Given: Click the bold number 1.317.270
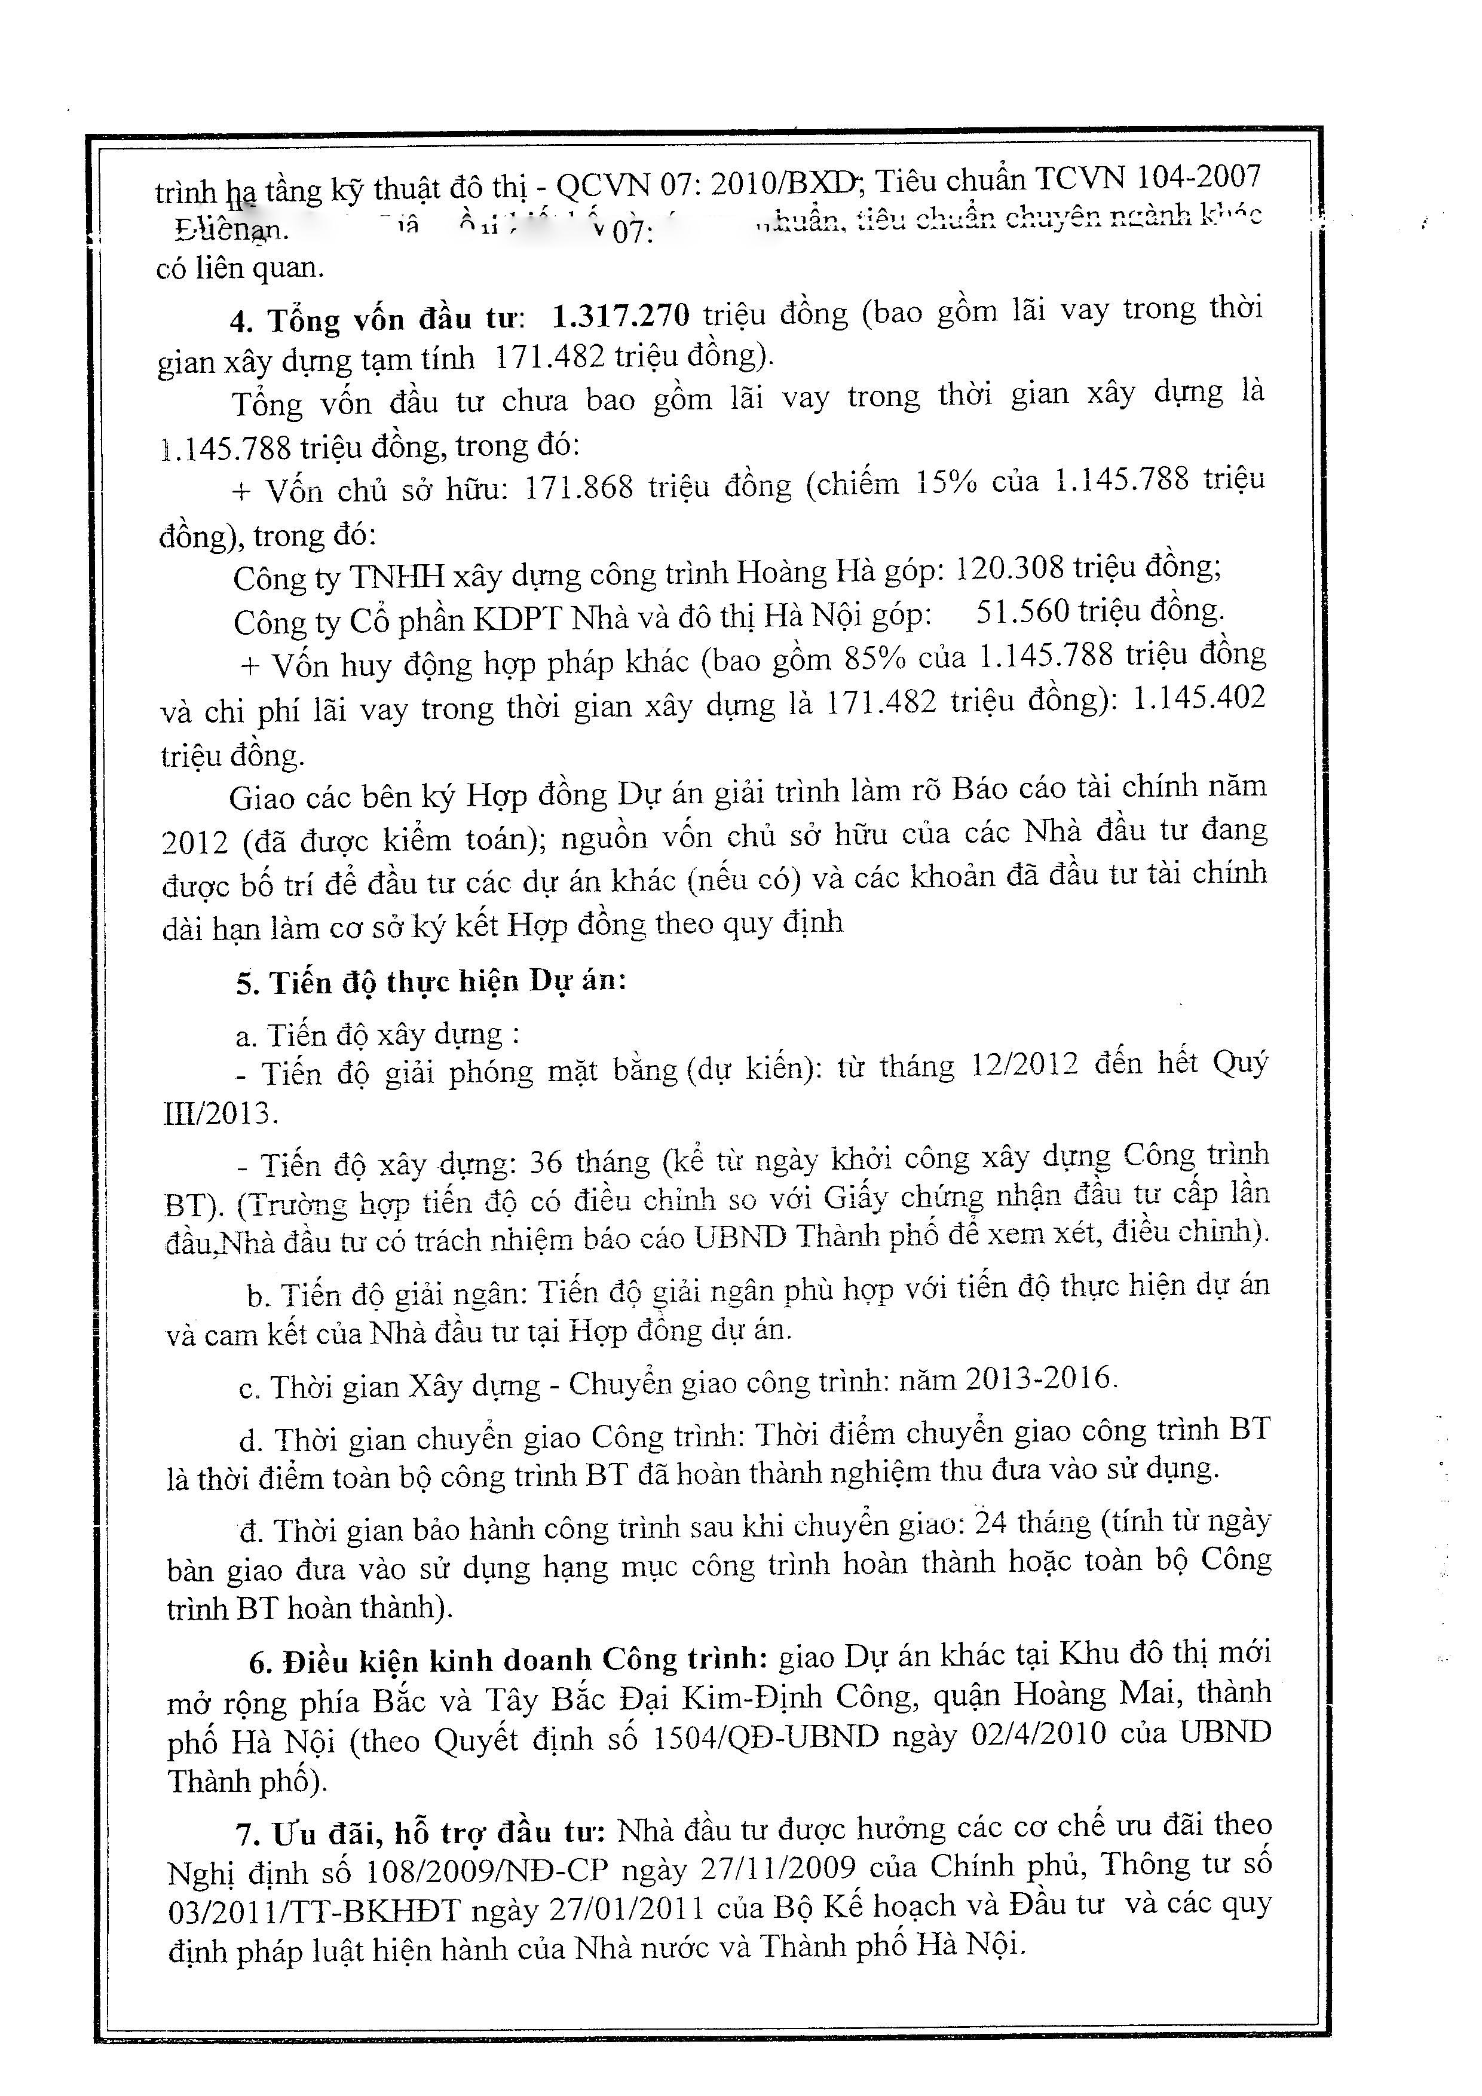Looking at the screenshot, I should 620,317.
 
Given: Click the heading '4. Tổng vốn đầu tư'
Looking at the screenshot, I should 376,320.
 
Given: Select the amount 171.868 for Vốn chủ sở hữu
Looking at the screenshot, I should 578,488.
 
